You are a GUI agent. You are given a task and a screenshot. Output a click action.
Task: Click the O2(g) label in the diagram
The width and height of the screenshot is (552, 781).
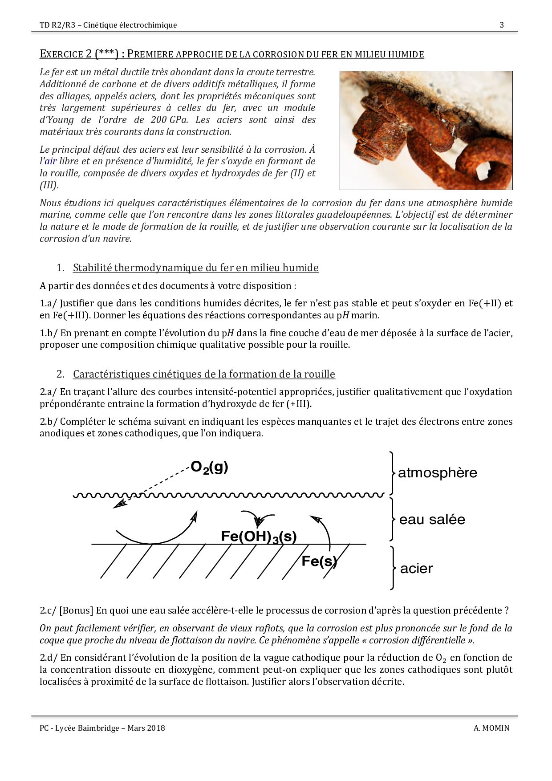[209, 467]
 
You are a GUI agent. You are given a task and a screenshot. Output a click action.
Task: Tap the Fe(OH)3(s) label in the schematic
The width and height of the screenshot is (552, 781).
[259, 537]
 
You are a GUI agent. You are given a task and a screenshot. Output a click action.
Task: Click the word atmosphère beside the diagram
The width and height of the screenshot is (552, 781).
[437, 473]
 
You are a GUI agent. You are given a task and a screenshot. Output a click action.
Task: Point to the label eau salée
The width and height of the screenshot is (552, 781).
[432, 520]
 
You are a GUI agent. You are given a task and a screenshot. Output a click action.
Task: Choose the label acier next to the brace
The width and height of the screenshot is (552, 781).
[416, 569]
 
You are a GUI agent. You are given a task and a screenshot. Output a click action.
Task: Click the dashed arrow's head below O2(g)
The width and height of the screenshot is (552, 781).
[118, 504]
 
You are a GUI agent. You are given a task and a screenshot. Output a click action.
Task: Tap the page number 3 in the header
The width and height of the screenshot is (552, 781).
[502, 25]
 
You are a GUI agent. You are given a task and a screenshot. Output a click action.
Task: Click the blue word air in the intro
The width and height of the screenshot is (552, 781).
[50, 162]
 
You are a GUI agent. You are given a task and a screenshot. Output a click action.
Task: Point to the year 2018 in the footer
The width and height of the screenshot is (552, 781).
[156, 728]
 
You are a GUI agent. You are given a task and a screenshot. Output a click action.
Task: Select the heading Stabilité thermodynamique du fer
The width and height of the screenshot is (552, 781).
[195, 268]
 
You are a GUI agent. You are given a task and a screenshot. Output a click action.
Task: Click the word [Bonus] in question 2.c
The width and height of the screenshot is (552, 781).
[76, 611]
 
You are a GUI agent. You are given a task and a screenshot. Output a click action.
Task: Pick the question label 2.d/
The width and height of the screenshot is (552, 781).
[49, 658]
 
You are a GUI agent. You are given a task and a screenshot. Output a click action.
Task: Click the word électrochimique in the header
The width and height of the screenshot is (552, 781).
[148, 25]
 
